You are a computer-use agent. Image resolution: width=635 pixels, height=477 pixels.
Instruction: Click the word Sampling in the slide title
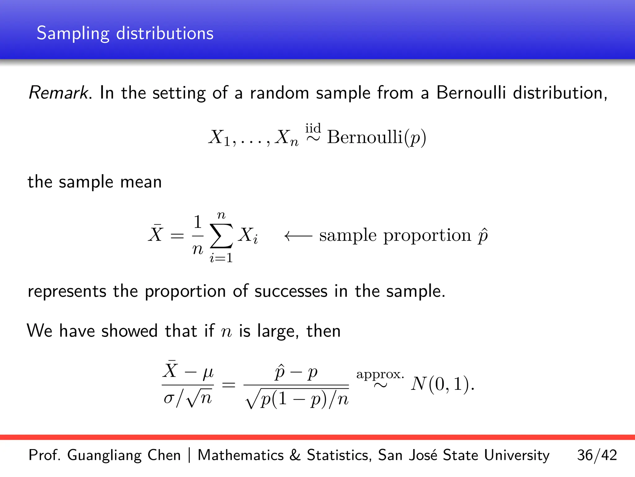tap(73, 34)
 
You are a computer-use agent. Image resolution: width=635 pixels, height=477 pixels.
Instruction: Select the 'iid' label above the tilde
tap(313, 128)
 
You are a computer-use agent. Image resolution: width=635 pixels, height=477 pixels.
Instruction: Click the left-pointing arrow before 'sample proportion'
tap(298, 236)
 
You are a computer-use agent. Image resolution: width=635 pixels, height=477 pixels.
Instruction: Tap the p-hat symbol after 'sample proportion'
tap(483, 236)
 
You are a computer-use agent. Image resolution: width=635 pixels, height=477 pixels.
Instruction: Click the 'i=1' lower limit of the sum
tap(221, 258)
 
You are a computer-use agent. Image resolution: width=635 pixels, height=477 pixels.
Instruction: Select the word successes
tap(291, 291)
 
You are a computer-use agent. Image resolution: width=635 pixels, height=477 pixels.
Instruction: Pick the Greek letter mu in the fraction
tap(208, 372)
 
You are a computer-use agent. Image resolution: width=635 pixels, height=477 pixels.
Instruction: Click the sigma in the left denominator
tap(169, 398)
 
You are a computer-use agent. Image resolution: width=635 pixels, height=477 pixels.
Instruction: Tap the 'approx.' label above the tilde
tap(380, 375)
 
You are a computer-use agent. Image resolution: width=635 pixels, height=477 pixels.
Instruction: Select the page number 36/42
tap(597, 455)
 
